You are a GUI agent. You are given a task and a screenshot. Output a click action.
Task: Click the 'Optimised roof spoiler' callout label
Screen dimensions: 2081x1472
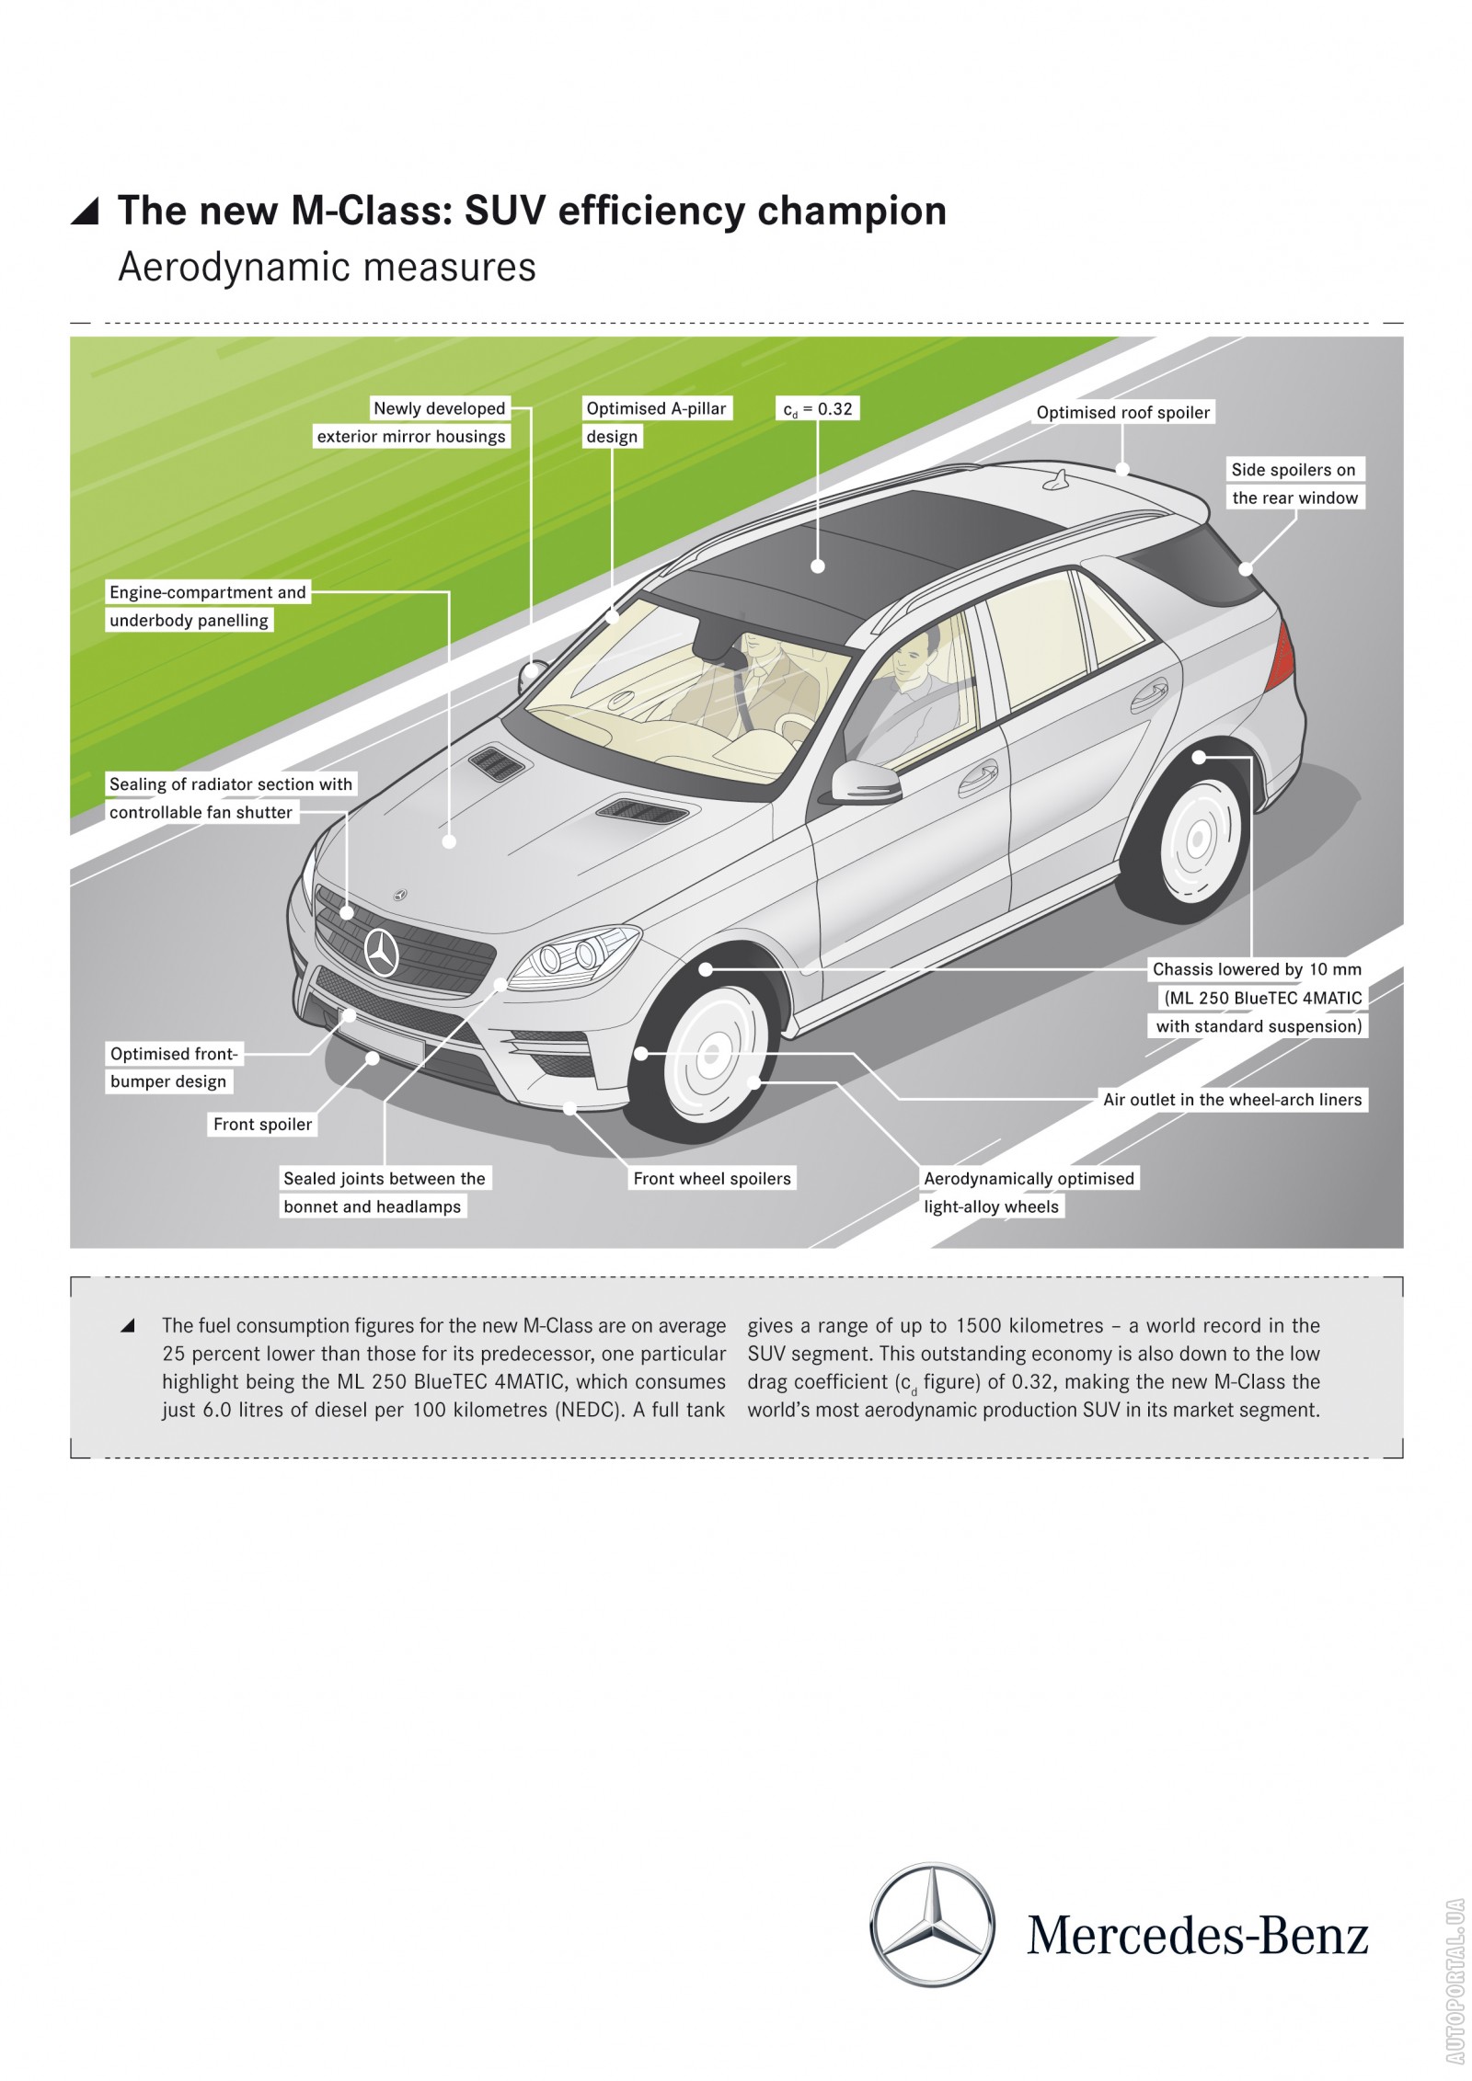[x=1122, y=412]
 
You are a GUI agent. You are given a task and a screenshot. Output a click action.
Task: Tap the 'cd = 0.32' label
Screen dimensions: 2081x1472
[x=817, y=408]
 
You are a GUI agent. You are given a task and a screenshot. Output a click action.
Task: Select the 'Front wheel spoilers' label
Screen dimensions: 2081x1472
[x=711, y=1178]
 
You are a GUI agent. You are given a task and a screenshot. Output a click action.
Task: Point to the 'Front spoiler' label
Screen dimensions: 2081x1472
[x=262, y=1124]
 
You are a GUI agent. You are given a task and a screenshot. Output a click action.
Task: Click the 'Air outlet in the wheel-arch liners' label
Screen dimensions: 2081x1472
[x=1232, y=1099]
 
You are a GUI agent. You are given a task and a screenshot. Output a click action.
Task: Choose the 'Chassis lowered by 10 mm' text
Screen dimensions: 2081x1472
[x=1256, y=969]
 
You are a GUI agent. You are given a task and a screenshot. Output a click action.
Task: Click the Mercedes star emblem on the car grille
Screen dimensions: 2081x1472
[x=381, y=952]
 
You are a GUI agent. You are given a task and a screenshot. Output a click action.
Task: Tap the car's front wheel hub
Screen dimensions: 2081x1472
[x=710, y=1054]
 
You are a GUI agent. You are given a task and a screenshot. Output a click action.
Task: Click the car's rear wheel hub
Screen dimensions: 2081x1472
[x=1197, y=838]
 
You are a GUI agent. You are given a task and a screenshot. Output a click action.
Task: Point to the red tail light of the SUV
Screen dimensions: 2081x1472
[x=1282, y=655]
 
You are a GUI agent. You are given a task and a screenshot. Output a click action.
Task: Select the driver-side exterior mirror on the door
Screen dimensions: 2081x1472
[x=865, y=783]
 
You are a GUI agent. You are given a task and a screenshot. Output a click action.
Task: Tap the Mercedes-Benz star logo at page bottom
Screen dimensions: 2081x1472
[x=932, y=1925]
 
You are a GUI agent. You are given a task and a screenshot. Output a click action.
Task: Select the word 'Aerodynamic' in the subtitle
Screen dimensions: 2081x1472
[x=234, y=268]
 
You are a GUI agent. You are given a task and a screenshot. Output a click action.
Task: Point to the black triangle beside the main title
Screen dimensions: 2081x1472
[x=86, y=212]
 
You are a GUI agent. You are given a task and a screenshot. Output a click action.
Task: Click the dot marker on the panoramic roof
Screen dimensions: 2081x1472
[x=817, y=566]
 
